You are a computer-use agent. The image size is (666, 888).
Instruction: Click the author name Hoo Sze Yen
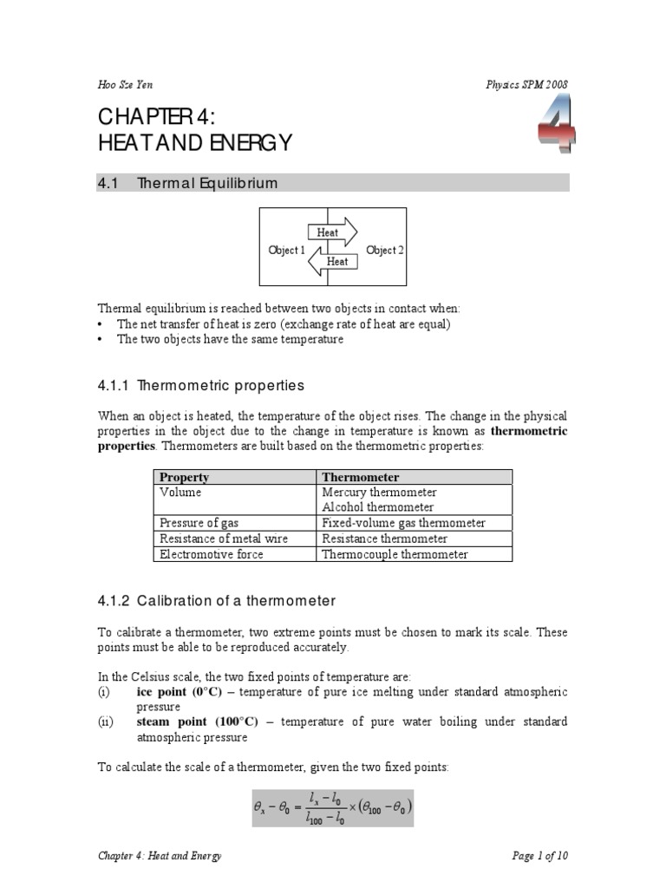127,84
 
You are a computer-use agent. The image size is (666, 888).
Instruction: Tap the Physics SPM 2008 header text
527,84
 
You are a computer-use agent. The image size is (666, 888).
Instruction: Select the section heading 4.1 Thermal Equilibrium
188,183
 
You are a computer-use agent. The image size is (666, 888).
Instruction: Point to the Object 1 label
287,251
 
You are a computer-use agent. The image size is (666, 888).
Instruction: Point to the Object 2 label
385,251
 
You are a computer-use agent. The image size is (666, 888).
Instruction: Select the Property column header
185,477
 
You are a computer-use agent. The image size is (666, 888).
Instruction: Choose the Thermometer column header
361,477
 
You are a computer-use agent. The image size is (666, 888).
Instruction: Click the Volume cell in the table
180,493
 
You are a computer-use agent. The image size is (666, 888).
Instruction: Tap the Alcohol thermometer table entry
378,507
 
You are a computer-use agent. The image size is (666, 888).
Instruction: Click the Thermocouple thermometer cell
395,554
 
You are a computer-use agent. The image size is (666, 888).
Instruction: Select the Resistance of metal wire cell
224,539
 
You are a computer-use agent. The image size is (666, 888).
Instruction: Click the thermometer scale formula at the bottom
333,807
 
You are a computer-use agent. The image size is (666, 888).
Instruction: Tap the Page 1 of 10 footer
540,856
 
